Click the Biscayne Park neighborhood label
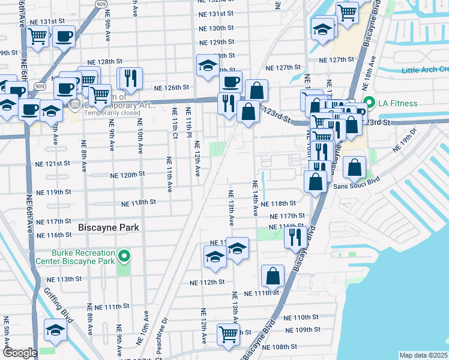click(109, 227)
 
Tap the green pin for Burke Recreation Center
click(124, 257)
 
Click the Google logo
click(20, 353)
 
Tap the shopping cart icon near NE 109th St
click(228, 334)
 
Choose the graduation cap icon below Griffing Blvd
click(55, 330)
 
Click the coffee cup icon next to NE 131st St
click(64, 36)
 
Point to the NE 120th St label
click(128, 175)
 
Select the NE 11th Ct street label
click(175, 124)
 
